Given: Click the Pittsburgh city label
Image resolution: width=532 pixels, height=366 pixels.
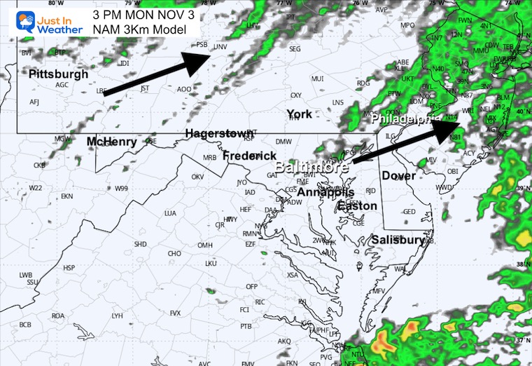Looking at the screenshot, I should (x=59, y=74).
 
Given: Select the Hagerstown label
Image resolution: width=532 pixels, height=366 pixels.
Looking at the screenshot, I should (x=218, y=133).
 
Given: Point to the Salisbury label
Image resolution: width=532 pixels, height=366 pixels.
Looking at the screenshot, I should (x=398, y=240).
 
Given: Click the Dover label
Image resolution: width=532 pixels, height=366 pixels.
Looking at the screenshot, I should (x=398, y=176).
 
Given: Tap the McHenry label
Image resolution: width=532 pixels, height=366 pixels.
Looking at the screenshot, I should (x=111, y=142).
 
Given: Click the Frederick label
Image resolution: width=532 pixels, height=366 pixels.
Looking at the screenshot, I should (x=251, y=156).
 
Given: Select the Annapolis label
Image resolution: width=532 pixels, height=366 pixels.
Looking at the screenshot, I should (x=325, y=192).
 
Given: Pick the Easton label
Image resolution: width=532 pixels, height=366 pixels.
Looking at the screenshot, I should (x=358, y=206).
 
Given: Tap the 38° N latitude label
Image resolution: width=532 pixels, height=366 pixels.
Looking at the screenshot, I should (x=521, y=264).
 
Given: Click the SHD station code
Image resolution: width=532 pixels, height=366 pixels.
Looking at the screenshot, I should (x=140, y=244).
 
